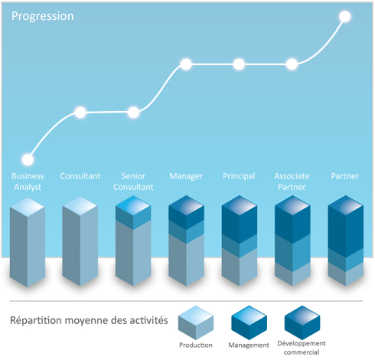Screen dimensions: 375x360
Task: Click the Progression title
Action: pos(43,16)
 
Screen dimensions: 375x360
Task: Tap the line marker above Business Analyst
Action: pos(28,160)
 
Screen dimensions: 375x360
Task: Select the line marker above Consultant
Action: pos(80,113)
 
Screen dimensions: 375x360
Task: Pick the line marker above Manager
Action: pos(186,64)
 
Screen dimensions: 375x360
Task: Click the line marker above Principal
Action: pos(239,64)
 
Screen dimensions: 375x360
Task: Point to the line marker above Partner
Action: pos(345,17)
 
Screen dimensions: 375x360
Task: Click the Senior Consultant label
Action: pos(133,182)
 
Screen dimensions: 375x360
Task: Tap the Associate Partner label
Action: pos(292,182)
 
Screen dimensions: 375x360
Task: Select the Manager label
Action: pos(186,176)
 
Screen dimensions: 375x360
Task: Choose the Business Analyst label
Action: pos(28,182)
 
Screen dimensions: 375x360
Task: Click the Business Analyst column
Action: pos(28,242)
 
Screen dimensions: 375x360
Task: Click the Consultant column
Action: pos(80,241)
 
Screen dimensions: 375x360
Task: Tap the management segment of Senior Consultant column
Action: pos(133,213)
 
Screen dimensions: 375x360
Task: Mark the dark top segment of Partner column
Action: pos(346,227)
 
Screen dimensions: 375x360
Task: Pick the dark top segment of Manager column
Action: pos(186,212)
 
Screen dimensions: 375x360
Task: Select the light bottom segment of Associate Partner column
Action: pos(292,274)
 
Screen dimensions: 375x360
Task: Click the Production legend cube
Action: pos(196,322)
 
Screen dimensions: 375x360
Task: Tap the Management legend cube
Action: pos(249,322)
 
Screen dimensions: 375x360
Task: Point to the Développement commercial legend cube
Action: pos(302,322)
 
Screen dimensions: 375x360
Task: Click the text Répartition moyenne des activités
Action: pos(89,320)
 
